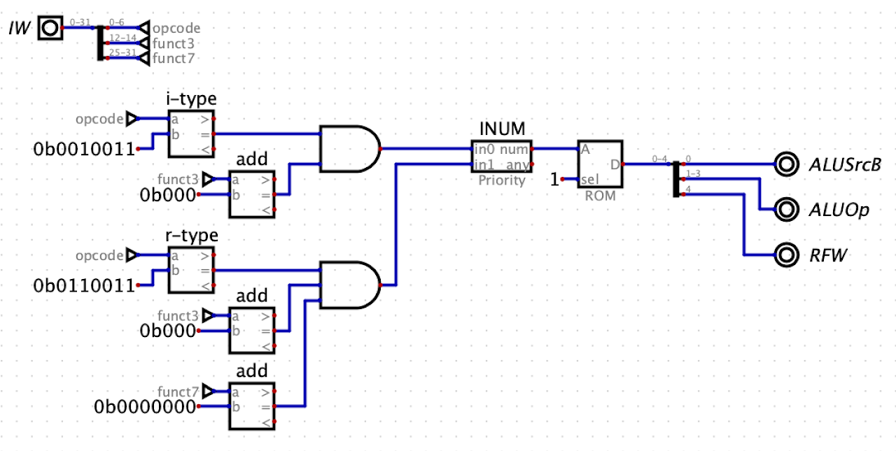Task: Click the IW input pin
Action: point(50,28)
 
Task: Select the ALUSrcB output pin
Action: point(787,164)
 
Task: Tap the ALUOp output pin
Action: point(787,209)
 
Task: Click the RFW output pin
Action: point(787,255)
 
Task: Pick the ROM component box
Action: point(599,165)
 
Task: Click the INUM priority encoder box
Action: point(501,157)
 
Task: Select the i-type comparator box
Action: point(191,134)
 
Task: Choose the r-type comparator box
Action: point(191,270)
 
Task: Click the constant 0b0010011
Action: point(84,148)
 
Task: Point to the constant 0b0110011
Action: point(84,285)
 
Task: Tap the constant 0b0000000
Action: point(146,406)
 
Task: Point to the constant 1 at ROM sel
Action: point(554,180)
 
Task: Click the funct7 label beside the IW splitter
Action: point(174,58)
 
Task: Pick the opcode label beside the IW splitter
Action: point(176,29)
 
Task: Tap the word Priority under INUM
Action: point(501,180)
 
